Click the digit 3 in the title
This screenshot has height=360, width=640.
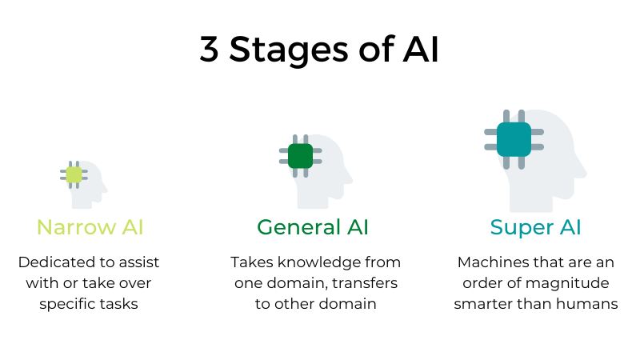click(209, 49)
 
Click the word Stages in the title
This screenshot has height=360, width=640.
click(289, 50)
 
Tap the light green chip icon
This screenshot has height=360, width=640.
click(74, 174)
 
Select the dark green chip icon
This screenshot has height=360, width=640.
click(301, 156)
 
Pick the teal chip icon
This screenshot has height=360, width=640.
click(514, 139)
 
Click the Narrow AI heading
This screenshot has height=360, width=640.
click(90, 227)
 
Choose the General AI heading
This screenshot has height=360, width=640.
click(313, 227)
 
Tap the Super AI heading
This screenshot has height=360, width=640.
click(535, 227)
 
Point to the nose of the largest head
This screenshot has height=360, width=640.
click(583, 171)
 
